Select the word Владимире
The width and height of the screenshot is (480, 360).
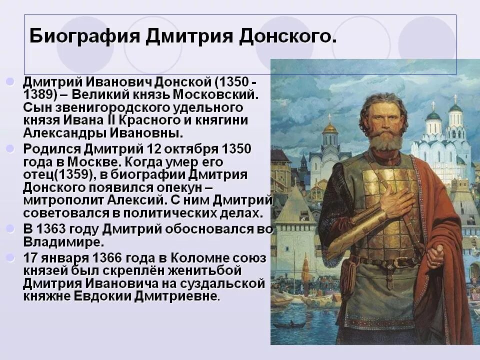[63, 241]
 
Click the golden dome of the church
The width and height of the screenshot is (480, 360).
[330, 128]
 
